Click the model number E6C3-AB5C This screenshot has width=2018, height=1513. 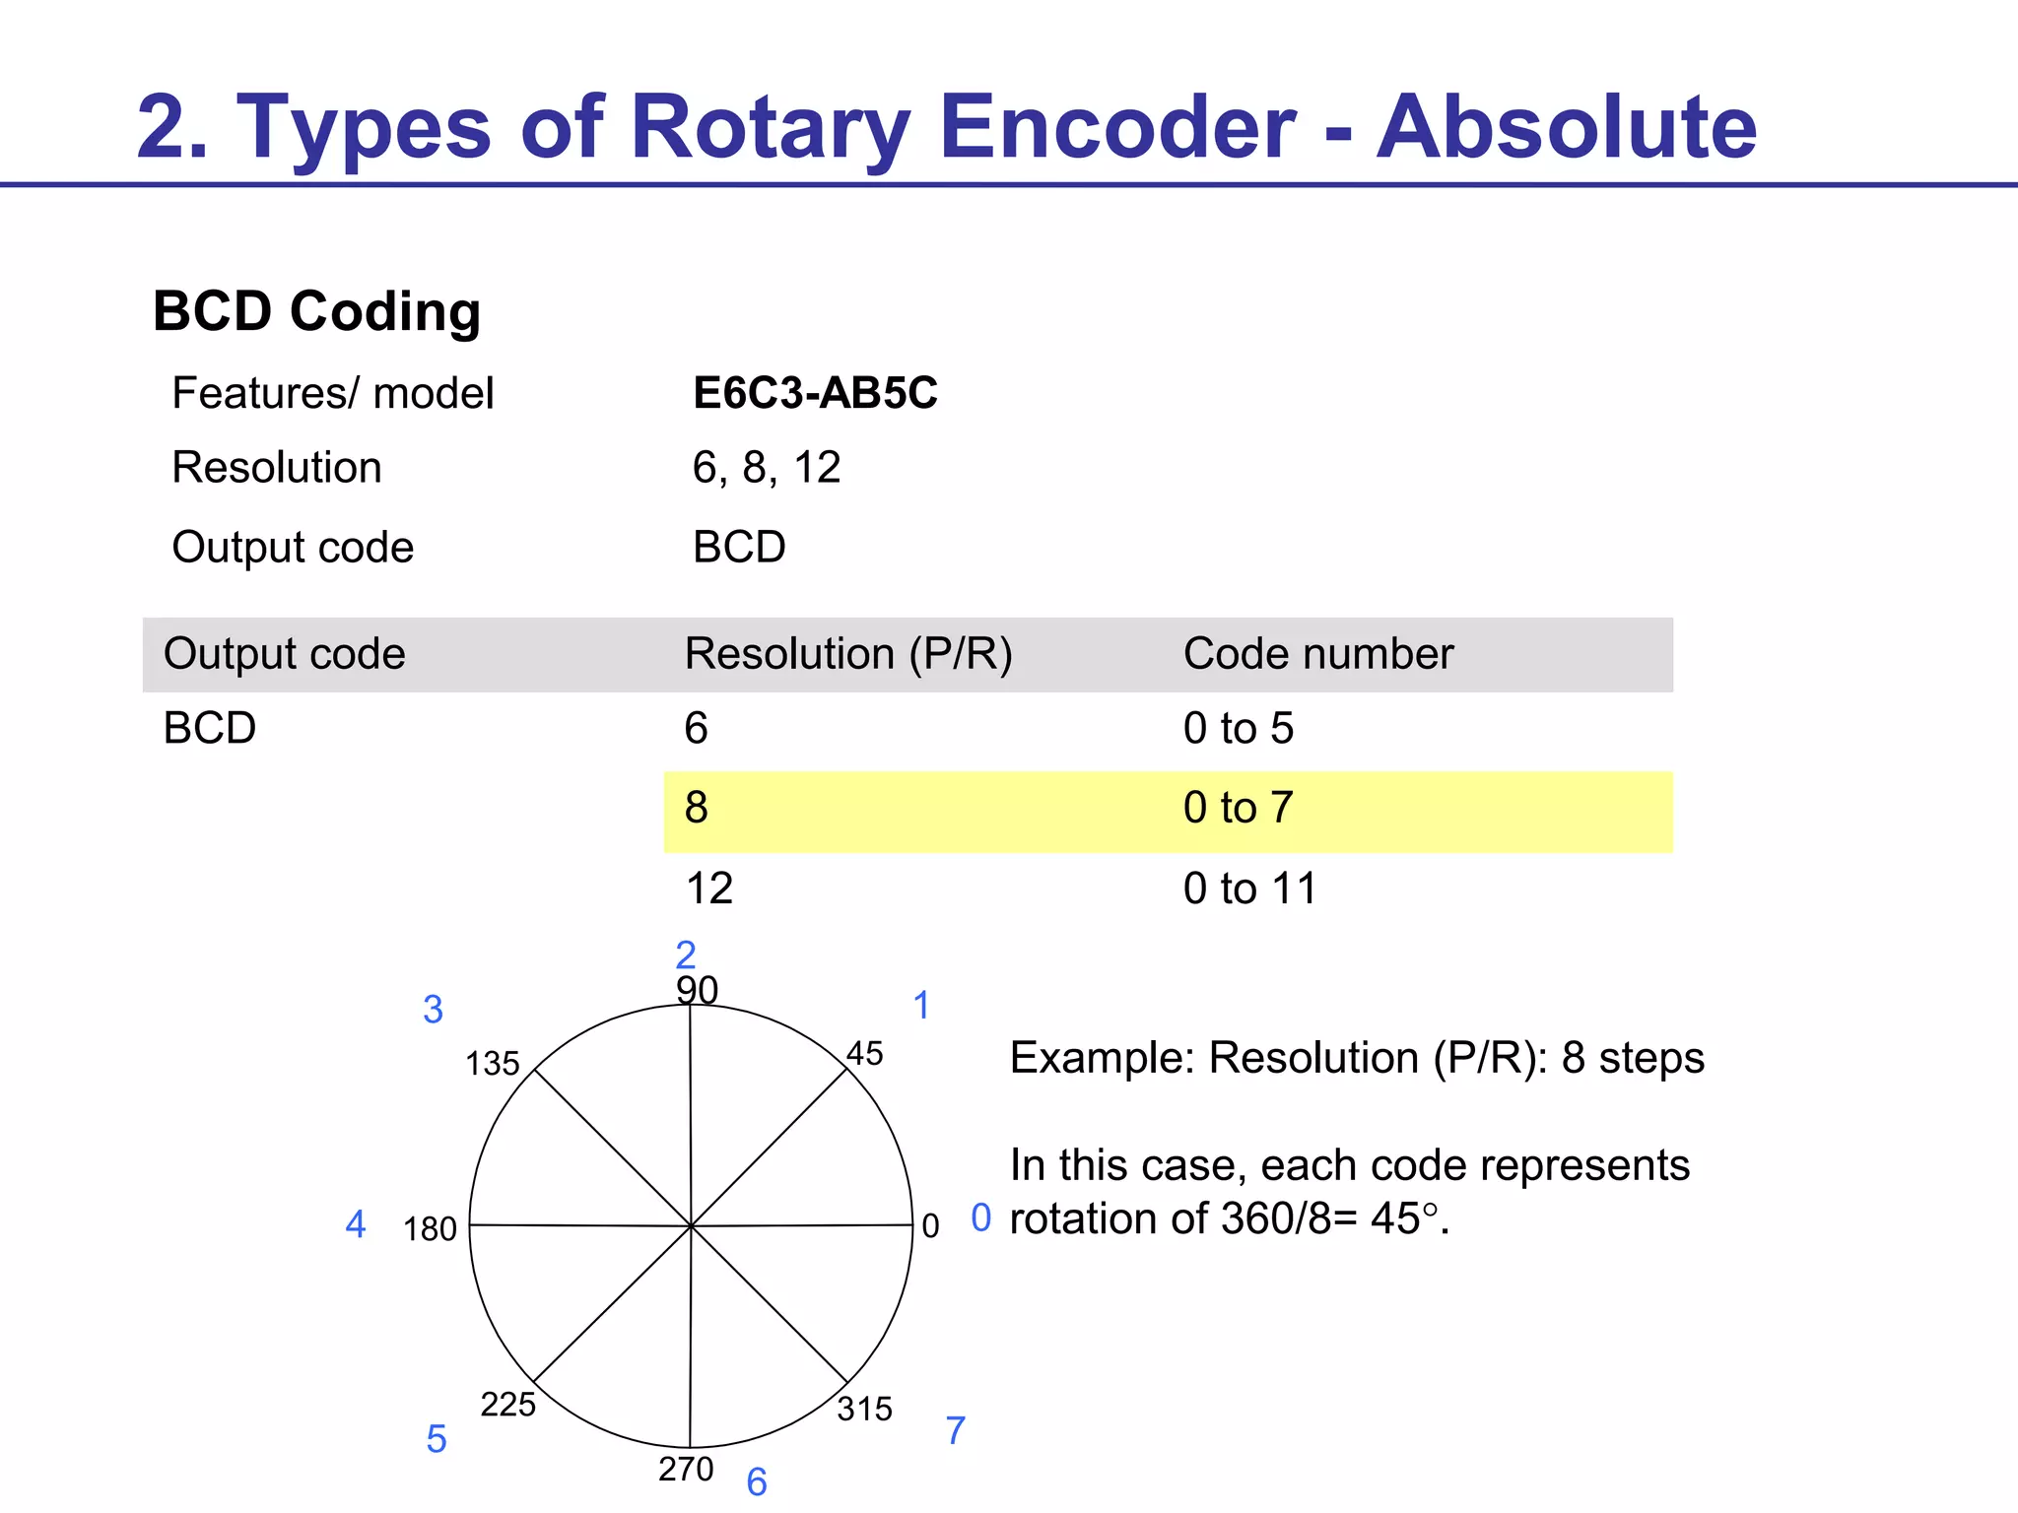815,393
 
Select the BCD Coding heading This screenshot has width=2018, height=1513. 316,311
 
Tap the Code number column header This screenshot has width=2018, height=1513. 1317,654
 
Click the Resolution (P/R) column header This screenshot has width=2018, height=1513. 847,654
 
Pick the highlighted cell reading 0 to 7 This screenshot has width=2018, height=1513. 1238,809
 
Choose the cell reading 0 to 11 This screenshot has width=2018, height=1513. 1248,888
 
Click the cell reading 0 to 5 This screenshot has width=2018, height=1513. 1238,729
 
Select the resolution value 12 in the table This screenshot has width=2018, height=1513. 708,888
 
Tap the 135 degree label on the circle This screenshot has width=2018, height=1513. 492,1064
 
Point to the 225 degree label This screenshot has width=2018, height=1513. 507,1404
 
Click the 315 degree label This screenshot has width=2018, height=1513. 864,1409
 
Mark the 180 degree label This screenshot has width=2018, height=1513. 430,1229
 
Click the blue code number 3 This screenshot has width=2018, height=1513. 433,1010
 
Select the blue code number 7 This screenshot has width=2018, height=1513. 955,1430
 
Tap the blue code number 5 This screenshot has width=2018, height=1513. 437,1439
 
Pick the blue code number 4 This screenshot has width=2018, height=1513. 356,1224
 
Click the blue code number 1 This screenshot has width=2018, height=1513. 921,1006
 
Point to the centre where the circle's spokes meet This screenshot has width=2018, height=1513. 692,1226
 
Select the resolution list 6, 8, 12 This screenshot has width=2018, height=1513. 766,468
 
